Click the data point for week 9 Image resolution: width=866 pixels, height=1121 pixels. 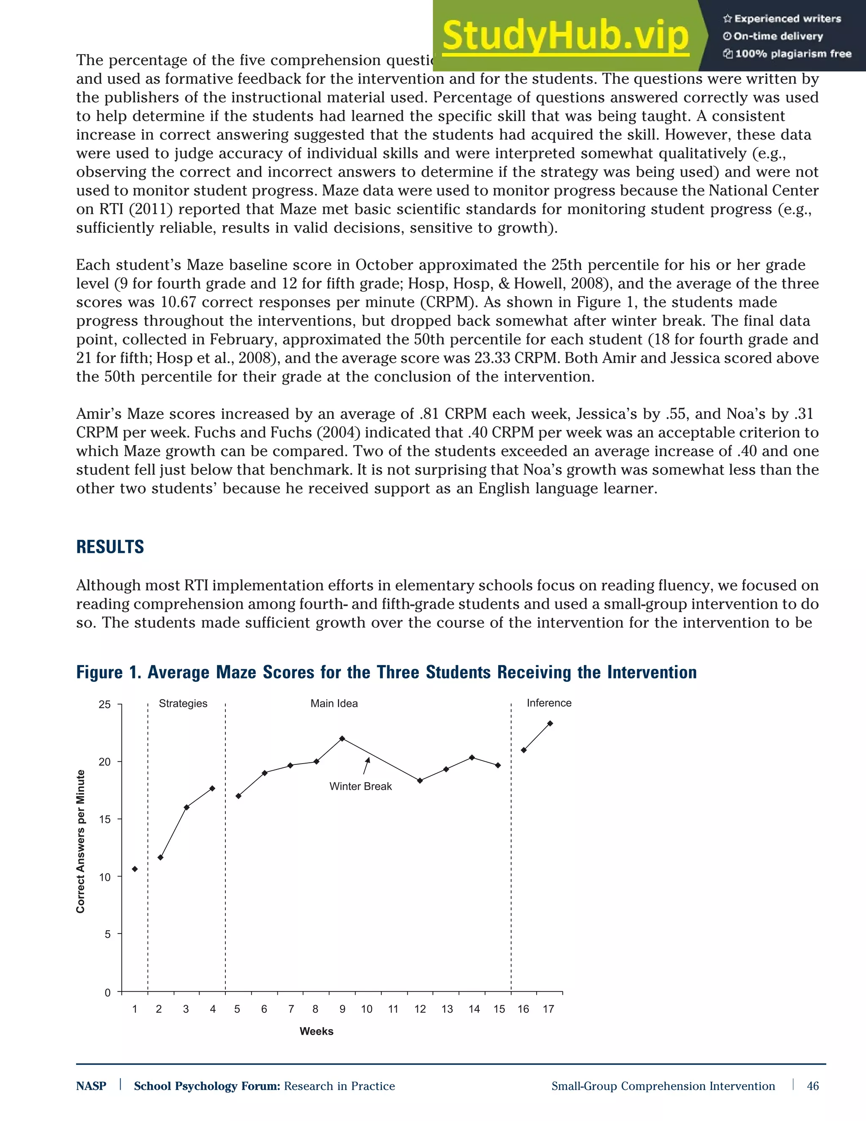[x=342, y=739]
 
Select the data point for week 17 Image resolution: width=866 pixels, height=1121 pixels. [x=550, y=723]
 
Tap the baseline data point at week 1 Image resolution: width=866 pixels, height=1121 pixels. [x=135, y=869]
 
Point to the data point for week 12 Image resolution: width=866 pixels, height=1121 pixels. [x=420, y=781]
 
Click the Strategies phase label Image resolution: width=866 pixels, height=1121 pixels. [x=183, y=703]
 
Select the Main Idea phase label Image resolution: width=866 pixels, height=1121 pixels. [x=334, y=703]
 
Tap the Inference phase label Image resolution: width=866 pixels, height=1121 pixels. [x=548, y=703]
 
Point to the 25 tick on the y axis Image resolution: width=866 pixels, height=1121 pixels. [x=105, y=705]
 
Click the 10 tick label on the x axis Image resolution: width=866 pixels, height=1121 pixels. [x=366, y=1009]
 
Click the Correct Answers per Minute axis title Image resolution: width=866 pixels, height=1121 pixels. [x=80, y=842]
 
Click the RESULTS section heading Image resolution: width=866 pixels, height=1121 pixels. [x=110, y=547]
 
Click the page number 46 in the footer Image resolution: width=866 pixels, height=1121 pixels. [x=813, y=1085]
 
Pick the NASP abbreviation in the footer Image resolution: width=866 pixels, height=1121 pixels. [x=91, y=1086]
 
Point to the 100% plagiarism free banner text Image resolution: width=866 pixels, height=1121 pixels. [x=787, y=54]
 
